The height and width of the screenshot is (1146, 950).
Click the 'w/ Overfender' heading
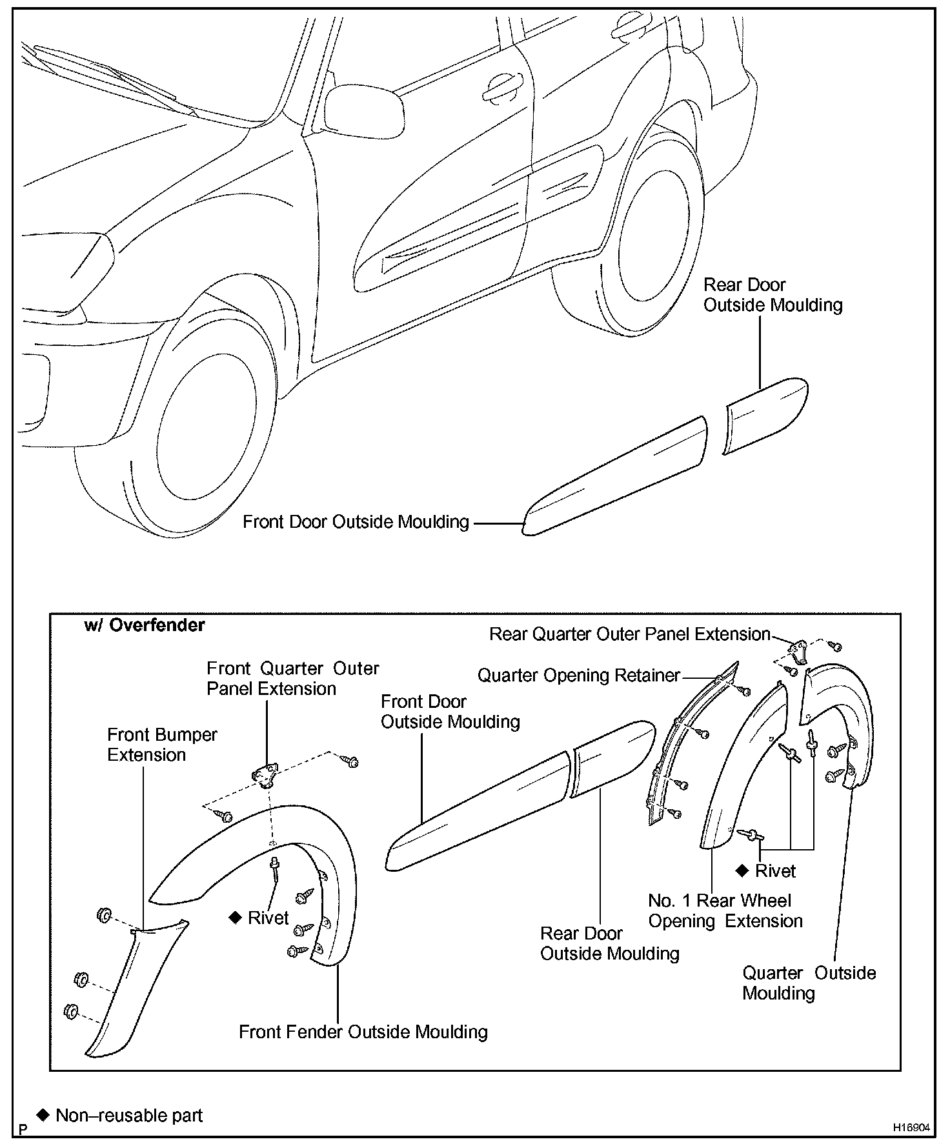click(145, 625)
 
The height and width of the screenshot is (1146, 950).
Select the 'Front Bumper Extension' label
click(162, 745)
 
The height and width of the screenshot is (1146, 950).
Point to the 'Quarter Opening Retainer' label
click(578, 676)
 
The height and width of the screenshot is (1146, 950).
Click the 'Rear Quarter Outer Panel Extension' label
click(630, 634)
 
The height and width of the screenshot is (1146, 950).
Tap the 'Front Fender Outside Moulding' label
click(363, 1032)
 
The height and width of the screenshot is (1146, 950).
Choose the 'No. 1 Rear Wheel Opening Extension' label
click(725, 910)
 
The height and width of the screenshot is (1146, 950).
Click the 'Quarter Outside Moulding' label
click(809, 983)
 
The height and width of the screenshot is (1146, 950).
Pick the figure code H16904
click(911, 1127)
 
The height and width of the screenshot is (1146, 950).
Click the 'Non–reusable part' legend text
click(129, 1115)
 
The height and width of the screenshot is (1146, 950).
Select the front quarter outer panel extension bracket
click(265, 773)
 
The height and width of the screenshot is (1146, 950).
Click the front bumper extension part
click(132, 987)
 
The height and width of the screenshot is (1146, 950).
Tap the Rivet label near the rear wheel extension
click(775, 870)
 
